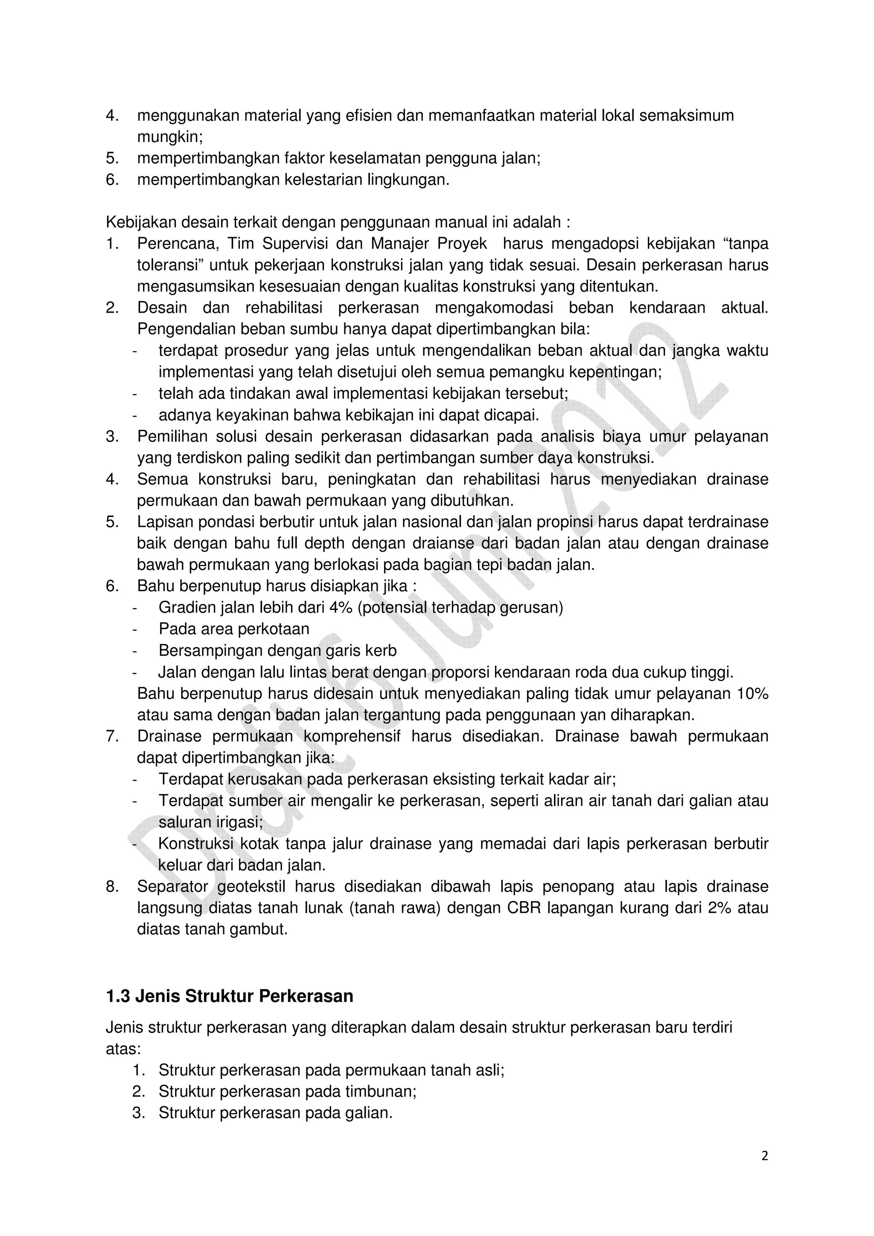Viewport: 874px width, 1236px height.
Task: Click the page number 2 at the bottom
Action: click(x=765, y=1171)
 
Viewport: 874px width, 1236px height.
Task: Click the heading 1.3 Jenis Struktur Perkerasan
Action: click(x=230, y=996)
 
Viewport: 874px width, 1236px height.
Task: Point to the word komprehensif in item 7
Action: click(x=352, y=737)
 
